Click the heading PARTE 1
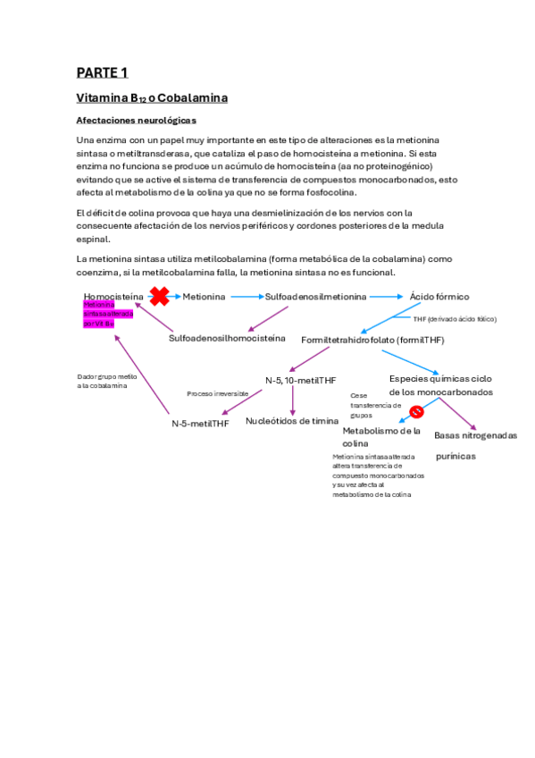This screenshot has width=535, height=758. coord(102,72)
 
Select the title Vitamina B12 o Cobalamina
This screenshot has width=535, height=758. coord(151,97)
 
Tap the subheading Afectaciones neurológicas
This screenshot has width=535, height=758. coord(135,120)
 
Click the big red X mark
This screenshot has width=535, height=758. coord(160,296)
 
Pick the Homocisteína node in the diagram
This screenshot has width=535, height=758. coord(113,296)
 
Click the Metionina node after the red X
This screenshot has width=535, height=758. coord(204,296)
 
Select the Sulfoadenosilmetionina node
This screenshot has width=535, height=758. coord(315,296)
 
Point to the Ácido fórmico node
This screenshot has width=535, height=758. coord(439,296)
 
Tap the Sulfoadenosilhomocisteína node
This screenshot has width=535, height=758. coord(227,338)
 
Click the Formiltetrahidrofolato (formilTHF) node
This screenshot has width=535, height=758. coord(372,340)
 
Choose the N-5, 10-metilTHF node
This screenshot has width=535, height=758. coord(300,380)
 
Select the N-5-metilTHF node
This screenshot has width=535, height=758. coord(200,424)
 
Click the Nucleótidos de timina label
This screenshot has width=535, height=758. coord(292,421)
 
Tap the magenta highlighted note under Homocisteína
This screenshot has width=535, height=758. coord(107,314)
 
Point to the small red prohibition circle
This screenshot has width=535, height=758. coord(416,411)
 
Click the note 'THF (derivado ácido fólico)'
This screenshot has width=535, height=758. coord(455,319)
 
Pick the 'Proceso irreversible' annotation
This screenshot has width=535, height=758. coord(217,393)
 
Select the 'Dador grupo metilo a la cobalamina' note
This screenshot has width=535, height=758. coord(107,381)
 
